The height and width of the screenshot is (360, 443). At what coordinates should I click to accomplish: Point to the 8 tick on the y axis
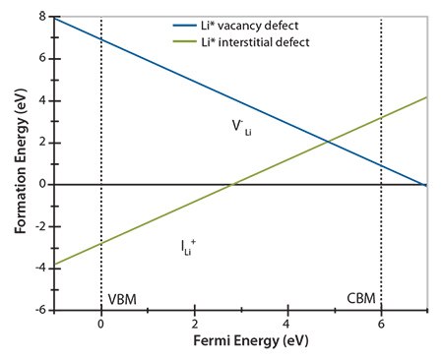43,17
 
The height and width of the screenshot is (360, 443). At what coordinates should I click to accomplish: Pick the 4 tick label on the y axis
43,100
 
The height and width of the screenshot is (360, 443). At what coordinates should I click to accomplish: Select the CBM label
361,298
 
